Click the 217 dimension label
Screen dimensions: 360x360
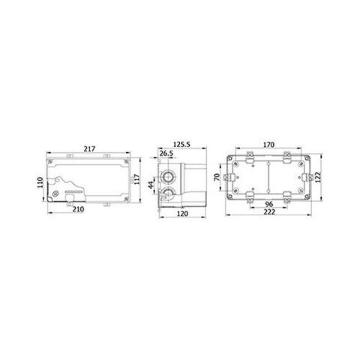89,149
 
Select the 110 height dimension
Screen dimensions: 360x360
40,182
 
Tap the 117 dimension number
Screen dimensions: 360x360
137,179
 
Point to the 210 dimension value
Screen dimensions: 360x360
78,209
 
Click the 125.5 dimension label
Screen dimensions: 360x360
181,145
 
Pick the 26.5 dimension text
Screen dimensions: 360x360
166,153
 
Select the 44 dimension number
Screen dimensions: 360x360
151,185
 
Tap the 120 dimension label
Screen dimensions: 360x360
182,214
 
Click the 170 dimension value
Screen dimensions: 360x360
268,145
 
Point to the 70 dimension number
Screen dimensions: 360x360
217,177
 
